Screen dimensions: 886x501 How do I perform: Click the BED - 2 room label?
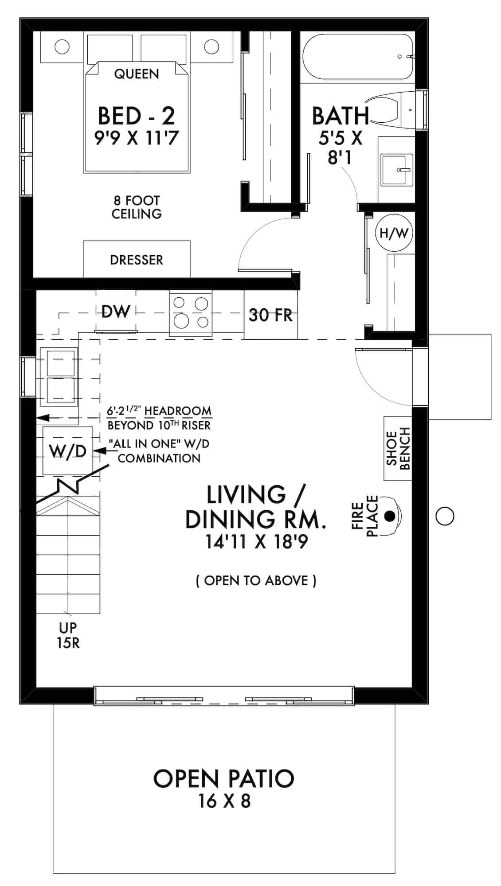[136, 116]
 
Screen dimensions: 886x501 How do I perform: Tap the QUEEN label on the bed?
[136, 74]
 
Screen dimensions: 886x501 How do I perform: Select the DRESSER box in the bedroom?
[137, 260]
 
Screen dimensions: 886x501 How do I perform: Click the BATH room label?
[341, 116]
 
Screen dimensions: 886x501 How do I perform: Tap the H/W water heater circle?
[394, 233]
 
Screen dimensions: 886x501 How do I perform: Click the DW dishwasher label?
[115, 311]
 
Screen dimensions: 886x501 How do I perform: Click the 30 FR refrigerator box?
[270, 315]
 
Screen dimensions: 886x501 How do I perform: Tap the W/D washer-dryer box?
[67, 451]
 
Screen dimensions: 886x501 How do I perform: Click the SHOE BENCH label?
[398, 448]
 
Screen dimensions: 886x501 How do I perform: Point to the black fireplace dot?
[390, 516]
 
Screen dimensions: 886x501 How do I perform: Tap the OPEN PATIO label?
[224, 779]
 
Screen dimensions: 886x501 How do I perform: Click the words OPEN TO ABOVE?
[256, 580]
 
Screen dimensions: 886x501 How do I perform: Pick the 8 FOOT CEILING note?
[136, 207]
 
